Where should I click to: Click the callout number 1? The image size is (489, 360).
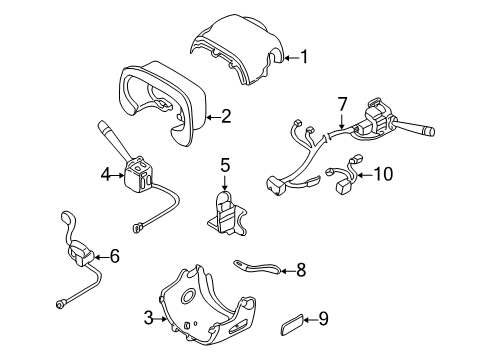(304, 57)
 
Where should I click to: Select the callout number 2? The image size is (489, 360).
(226, 117)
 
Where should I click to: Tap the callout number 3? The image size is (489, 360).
(147, 318)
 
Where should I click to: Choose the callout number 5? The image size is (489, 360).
(225, 164)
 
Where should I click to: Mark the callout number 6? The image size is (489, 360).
(114, 256)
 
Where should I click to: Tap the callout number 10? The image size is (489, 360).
(384, 174)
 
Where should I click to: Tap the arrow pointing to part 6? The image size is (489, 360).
(100, 257)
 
